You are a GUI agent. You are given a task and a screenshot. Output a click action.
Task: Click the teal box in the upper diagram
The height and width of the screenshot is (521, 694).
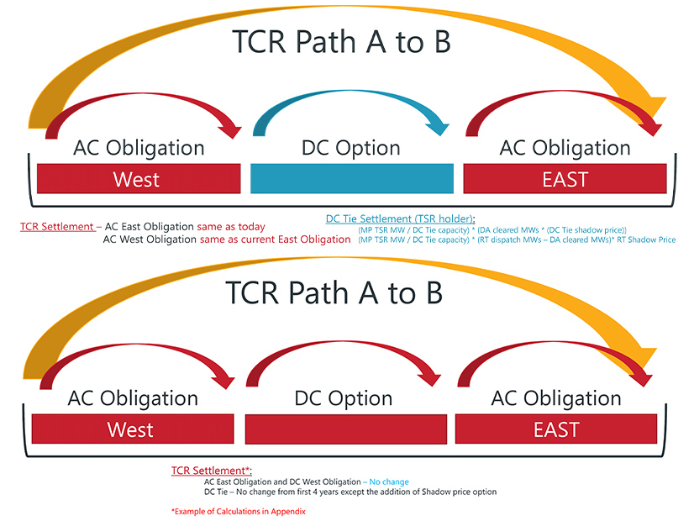(x=352, y=179)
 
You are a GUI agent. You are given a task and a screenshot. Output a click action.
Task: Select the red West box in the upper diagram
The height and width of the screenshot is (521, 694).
(x=139, y=179)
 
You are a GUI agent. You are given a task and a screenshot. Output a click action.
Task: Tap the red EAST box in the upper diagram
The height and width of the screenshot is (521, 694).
(x=565, y=179)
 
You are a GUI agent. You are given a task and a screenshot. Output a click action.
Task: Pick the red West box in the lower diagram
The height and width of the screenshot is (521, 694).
(x=130, y=429)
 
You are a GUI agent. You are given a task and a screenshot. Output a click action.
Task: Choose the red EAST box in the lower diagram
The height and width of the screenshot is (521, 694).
(x=556, y=429)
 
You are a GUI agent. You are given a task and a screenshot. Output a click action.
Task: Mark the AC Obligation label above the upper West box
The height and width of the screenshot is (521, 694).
(x=139, y=148)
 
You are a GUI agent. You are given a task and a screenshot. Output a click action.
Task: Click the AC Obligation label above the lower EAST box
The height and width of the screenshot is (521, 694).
(x=555, y=397)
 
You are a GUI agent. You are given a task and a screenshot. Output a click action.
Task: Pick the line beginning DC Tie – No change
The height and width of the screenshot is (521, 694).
(x=350, y=492)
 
